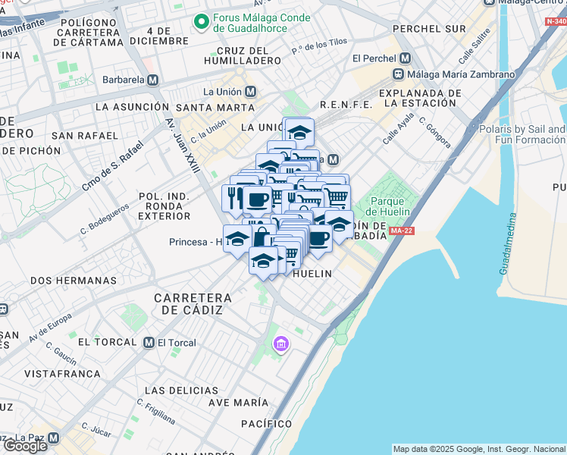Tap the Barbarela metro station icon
coord(152,80)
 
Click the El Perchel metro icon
coord(405,58)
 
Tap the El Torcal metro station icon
coord(149,343)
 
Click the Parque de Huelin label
coord(391,207)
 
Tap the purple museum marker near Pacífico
coord(281,346)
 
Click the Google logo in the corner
coord(24,445)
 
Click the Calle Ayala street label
coord(398,130)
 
